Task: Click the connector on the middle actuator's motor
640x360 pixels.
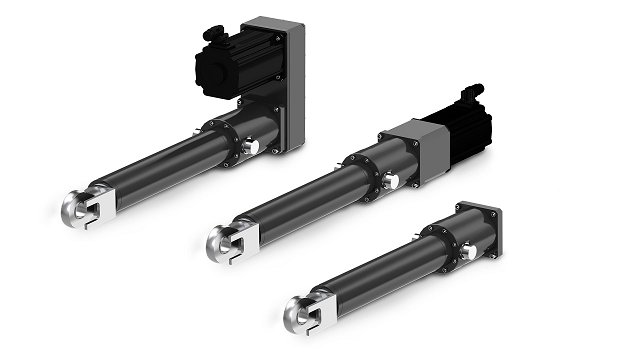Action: point(469,97)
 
